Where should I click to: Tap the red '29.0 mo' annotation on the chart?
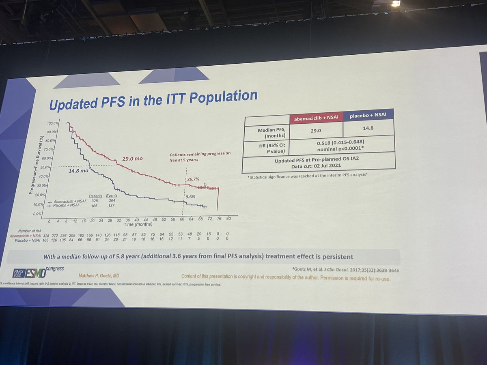pyautogui.click(x=133, y=159)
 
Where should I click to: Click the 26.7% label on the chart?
pyautogui.click(x=193, y=179)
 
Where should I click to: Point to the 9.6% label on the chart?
pyautogui.click(x=190, y=197)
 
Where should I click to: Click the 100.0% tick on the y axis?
pyautogui.click(x=53, y=123)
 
